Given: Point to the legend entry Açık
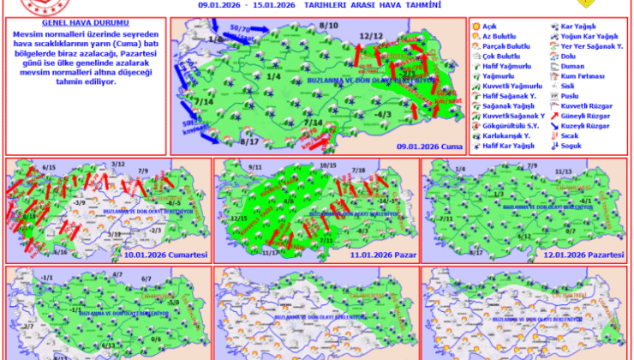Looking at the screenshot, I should click(x=490, y=28).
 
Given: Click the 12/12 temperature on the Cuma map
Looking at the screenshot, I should click(x=371, y=36).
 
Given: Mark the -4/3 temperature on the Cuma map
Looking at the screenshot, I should click(x=382, y=114).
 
